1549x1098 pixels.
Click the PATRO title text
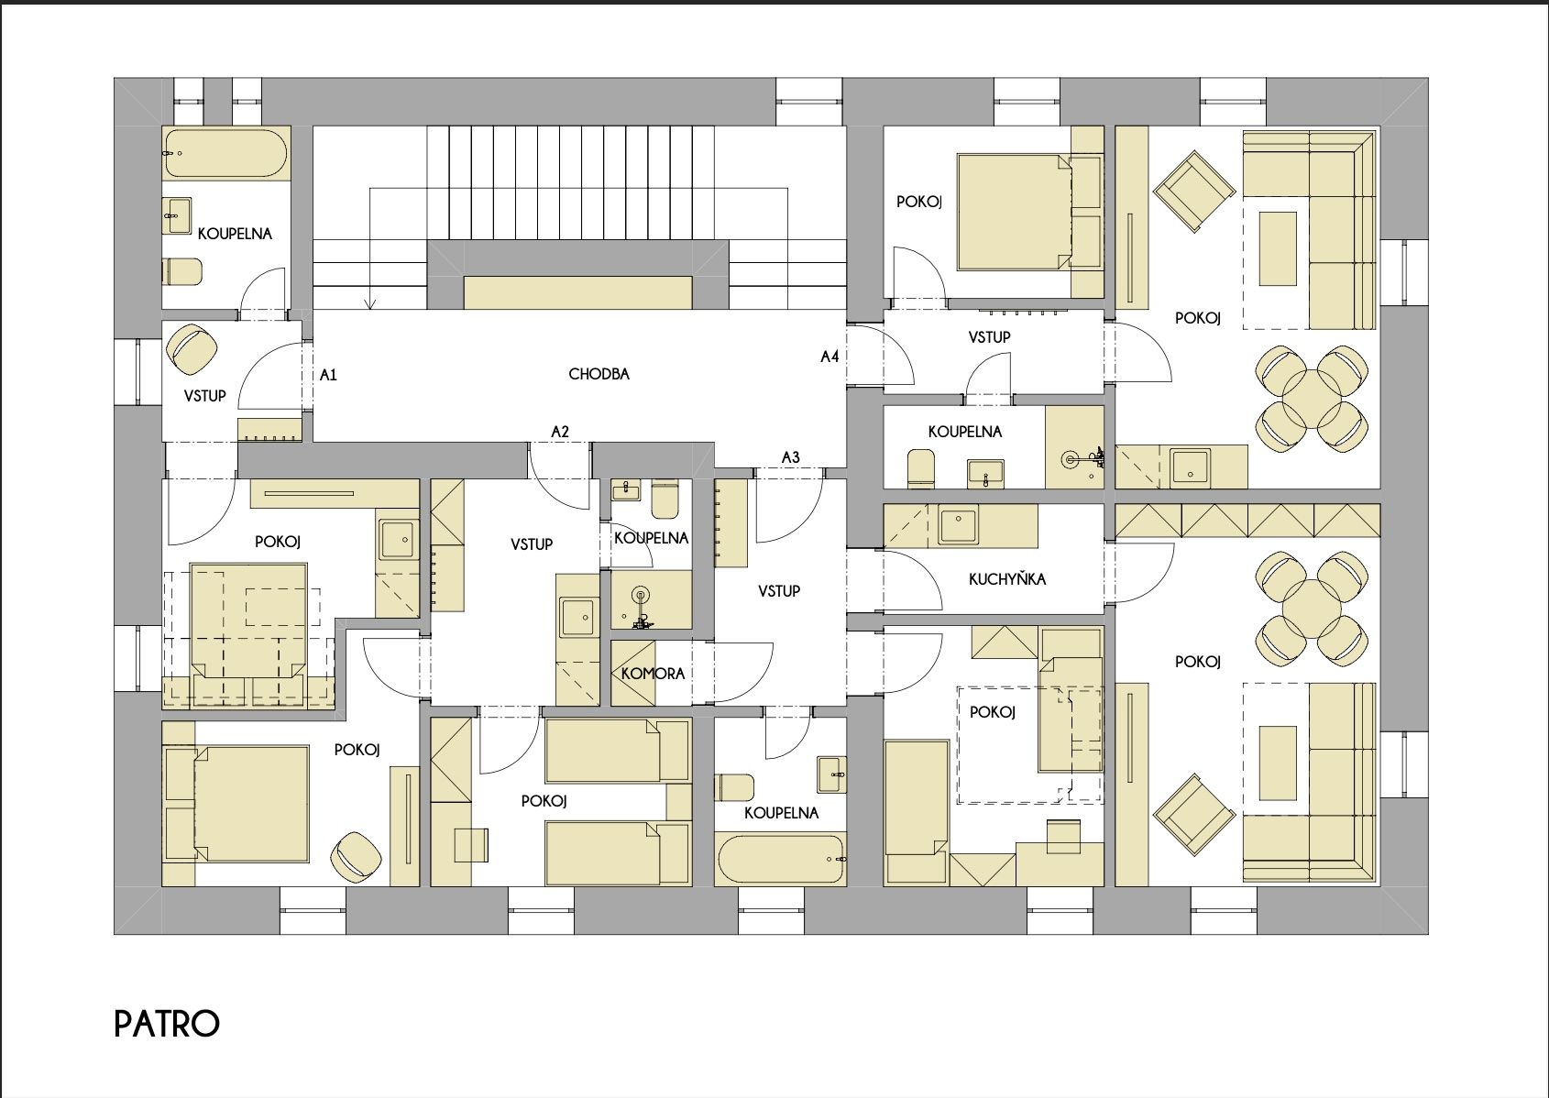(167, 1024)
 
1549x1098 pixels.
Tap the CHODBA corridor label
(599, 374)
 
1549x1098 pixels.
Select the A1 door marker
(328, 375)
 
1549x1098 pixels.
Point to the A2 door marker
(560, 433)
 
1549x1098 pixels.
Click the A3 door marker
(790, 457)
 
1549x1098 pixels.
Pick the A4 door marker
(829, 357)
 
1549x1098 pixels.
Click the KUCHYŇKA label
(1006, 578)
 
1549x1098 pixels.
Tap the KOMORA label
(653, 674)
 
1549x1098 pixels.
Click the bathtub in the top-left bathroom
(226, 153)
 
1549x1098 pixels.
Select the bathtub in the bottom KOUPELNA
(781, 860)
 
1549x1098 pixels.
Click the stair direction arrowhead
(370, 303)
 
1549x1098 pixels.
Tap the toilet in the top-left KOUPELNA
(182, 271)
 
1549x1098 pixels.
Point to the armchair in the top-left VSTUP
(192, 349)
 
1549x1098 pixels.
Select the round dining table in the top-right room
(1312, 399)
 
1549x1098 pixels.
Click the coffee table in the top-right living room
(1277, 249)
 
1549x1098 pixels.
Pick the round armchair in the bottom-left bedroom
(357, 858)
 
